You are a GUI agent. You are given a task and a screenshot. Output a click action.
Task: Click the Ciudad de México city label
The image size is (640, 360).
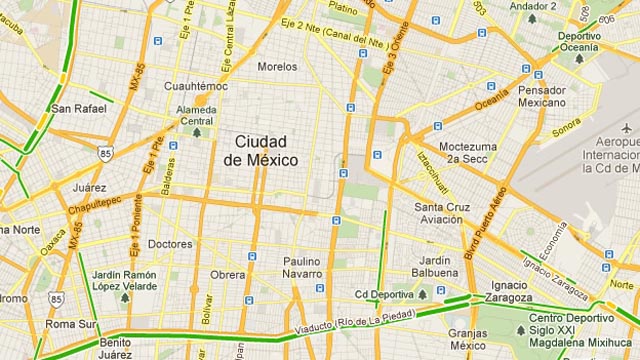(x=259, y=150)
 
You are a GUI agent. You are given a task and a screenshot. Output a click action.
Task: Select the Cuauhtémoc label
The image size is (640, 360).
(x=195, y=86)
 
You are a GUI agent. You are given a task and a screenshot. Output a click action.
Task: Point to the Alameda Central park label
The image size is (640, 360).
(x=196, y=115)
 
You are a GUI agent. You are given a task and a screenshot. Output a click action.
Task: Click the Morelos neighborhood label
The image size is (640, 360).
(x=277, y=67)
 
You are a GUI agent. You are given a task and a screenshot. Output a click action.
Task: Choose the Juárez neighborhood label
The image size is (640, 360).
(x=89, y=187)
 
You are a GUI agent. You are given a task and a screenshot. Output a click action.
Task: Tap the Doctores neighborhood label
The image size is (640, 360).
(x=169, y=244)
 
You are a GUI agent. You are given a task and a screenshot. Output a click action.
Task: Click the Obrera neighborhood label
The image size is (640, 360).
(x=227, y=275)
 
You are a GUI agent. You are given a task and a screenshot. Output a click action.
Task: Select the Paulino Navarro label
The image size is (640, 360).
(x=302, y=267)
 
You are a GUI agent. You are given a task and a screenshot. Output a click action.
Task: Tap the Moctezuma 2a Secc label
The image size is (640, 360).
(x=467, y=151)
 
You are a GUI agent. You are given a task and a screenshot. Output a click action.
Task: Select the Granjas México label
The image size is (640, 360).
(x=468, y=339)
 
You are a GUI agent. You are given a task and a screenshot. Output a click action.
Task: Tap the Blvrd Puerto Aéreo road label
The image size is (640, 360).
(x=486, y=223)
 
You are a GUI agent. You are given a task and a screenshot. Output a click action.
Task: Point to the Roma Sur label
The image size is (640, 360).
(x=72, y=324)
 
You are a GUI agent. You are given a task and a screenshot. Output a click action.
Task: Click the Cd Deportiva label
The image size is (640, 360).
(x=385, y=294)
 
